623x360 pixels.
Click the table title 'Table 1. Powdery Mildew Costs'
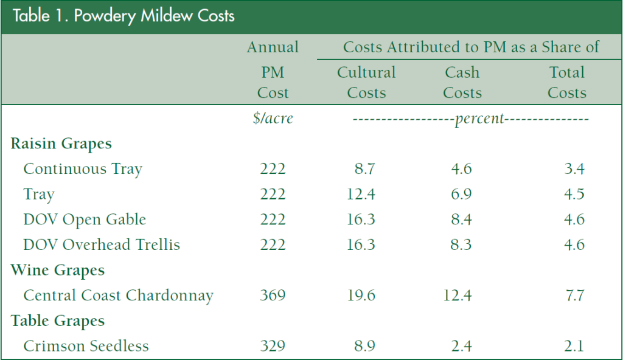(x=124, y=16)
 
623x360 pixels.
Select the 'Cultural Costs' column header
(x=366, y=83)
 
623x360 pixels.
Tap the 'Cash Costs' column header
(x=462, y=83)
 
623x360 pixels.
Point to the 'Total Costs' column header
(x=566, y=83)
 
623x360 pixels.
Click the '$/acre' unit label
(x=273, y=119)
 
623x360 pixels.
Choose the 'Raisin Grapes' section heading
(x=61, y=144)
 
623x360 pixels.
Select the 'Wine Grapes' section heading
(x=58, y=271)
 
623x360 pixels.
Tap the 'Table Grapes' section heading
(x=58, y=321)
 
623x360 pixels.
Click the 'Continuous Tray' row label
(x=83, y=169)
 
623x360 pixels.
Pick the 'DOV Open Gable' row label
(x=85, y=220)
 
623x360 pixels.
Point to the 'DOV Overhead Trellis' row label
(x=102, y=245)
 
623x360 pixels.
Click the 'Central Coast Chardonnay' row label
(x=118, y=296)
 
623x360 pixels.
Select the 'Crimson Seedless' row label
(x=86, y=347)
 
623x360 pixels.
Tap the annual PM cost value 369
(x=273, y=296)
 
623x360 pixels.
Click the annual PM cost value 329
(x=273, y=347)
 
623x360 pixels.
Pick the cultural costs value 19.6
(x=362, y=296)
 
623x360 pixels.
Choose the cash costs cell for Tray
(x=462, y=195)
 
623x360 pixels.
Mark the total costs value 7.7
(x=574, y=296)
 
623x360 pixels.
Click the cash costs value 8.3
(x=462, y=245)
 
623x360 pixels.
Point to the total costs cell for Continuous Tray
(x=574, y=169)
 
